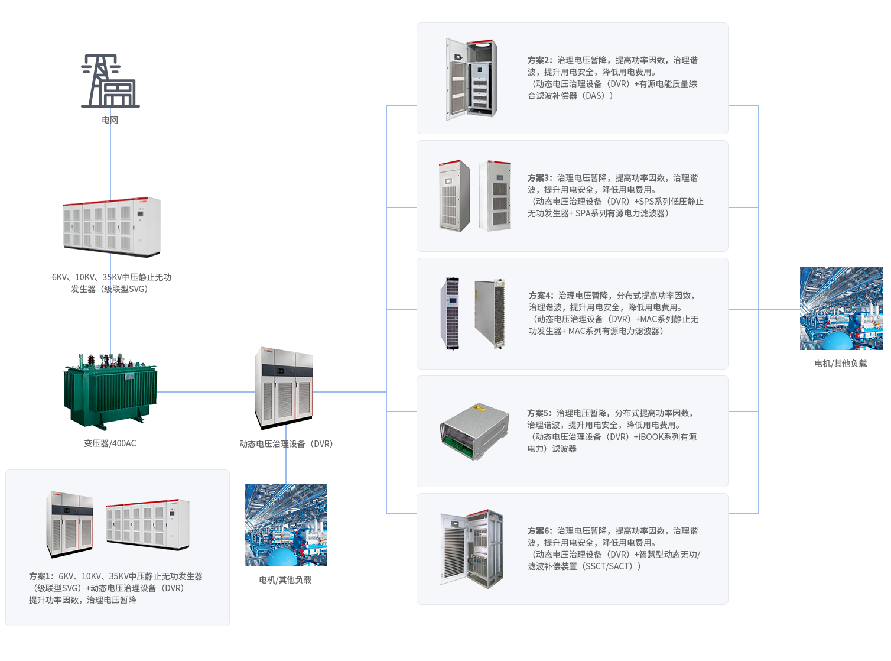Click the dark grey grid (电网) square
[110, 81]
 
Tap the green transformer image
[110, 391]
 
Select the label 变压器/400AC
[110, 443]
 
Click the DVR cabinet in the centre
[284, 388]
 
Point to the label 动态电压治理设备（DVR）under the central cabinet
[286, 444]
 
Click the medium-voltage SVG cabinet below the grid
[112, 227]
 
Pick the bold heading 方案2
[539, 60]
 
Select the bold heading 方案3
[539, 178]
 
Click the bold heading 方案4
[541, 296]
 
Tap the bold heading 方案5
[539, 413]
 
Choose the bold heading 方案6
[539, 531]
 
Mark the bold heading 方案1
[41, 576]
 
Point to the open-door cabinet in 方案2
[471, 79]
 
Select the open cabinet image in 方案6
[471, 548]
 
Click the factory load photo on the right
[840, 308]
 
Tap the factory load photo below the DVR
[285, 524]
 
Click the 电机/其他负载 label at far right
[840, 364]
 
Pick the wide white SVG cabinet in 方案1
[148, 523]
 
